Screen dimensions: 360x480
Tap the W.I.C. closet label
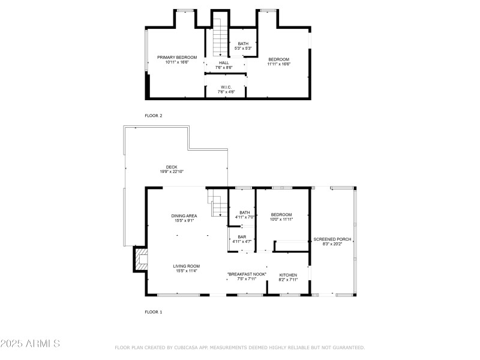pos(226,87)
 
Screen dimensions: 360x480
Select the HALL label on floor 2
pos(224,62)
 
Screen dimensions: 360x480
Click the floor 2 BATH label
pos(242,43)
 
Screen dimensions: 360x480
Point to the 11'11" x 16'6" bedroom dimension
pos(279,64)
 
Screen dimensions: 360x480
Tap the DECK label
pos(172,167)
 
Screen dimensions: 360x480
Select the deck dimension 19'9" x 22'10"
pos(172,172)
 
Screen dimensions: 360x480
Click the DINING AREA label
pos(184,215)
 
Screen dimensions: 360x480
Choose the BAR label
pos(242,236)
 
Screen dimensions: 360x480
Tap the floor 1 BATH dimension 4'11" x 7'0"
pos(244,217)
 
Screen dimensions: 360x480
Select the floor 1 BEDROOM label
pos(281,214)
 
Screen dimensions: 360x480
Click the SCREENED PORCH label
pos(332,239)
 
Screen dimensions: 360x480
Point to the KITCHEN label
pos(288,275)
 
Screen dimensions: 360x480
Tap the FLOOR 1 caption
pos(154,312)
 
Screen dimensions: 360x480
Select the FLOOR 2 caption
pos(154,115)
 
